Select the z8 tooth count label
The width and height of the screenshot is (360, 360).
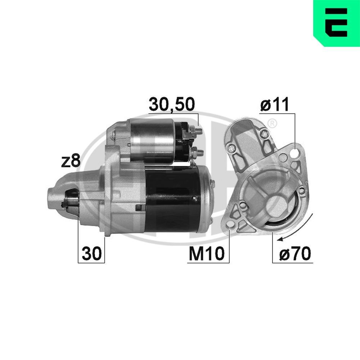pyautogui.click(x=70, y=161)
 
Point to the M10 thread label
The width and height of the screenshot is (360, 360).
pyautogui.click(x=207, y=255)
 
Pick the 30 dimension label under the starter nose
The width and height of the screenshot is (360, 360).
pyautogui.click(x=91, y=254)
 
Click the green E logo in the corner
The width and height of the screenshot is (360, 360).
pyautogui.click(x=336, y=23)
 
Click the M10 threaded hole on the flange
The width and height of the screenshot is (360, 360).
pyautogui.click(x=229, y=226)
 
